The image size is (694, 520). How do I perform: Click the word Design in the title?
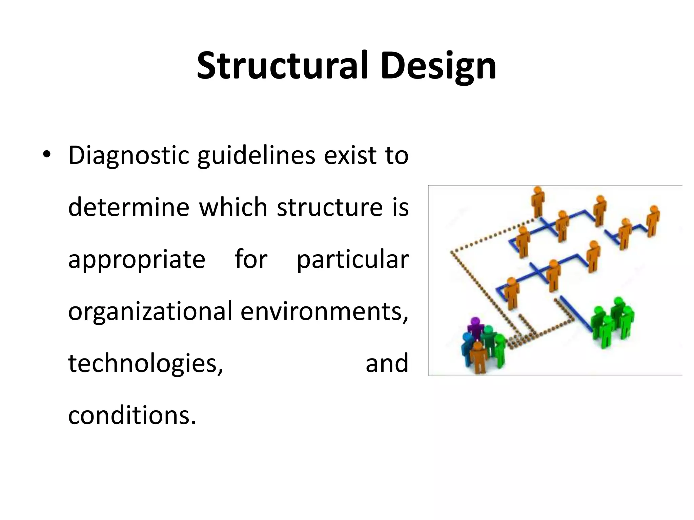click(x=438, y=66)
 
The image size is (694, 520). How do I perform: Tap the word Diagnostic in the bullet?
click(x=129, y=156)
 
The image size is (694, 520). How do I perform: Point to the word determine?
click(x=129, y=207)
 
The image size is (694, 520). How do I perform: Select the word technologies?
click(x=146, y=363)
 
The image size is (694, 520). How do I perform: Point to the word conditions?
click(x=132, y=415)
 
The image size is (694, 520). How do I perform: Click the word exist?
click(x=349, y=156)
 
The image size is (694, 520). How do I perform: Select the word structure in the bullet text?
click(x=330, y=207)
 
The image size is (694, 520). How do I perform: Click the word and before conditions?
click(x=387, y=363)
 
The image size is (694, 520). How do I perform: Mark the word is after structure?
click(x=401, y=207)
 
